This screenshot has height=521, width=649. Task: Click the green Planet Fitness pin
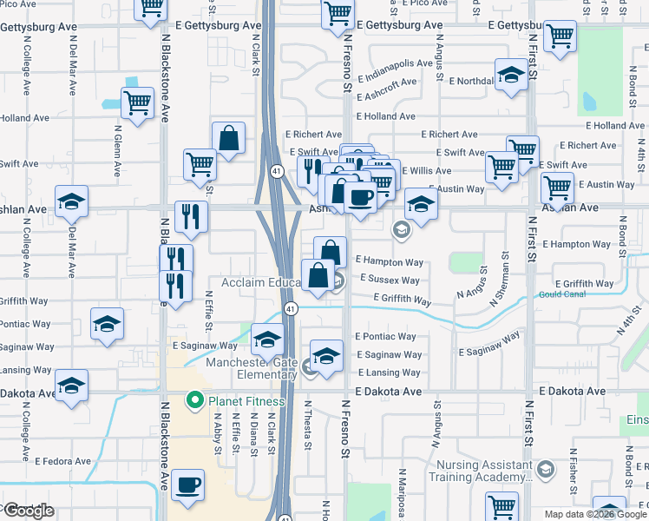[x=193, y=401]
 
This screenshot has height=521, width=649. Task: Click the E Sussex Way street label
[x=388, y=280]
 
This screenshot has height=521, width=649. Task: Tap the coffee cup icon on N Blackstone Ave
[x=187, y=484]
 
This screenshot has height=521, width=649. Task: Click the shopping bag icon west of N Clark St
[x=228, y=137]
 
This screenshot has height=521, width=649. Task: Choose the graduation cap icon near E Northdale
[x=511, y=76]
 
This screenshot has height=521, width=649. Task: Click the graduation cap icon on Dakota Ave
[x=71, y=386]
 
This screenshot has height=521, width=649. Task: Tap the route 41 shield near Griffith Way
[x=291, y=309]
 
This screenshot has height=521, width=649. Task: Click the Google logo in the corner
[x=28, y=511]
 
